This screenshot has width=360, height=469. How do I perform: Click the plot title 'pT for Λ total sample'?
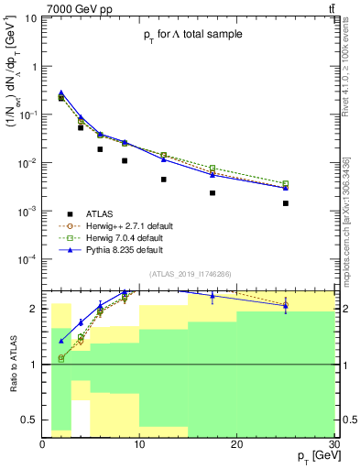coord(193,35)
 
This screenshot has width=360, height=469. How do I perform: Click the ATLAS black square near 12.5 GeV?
coord(164,180)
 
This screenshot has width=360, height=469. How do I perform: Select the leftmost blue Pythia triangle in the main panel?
coord(61,93)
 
